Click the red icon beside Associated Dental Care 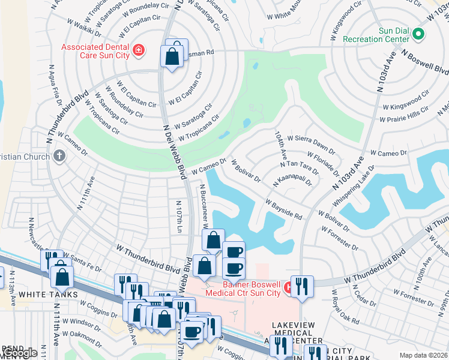pyautogui.click(x=139, y=50)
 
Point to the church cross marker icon pyautogui.click(x=59, y=156)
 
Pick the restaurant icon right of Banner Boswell pyautogui.click(x=302, y=286)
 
